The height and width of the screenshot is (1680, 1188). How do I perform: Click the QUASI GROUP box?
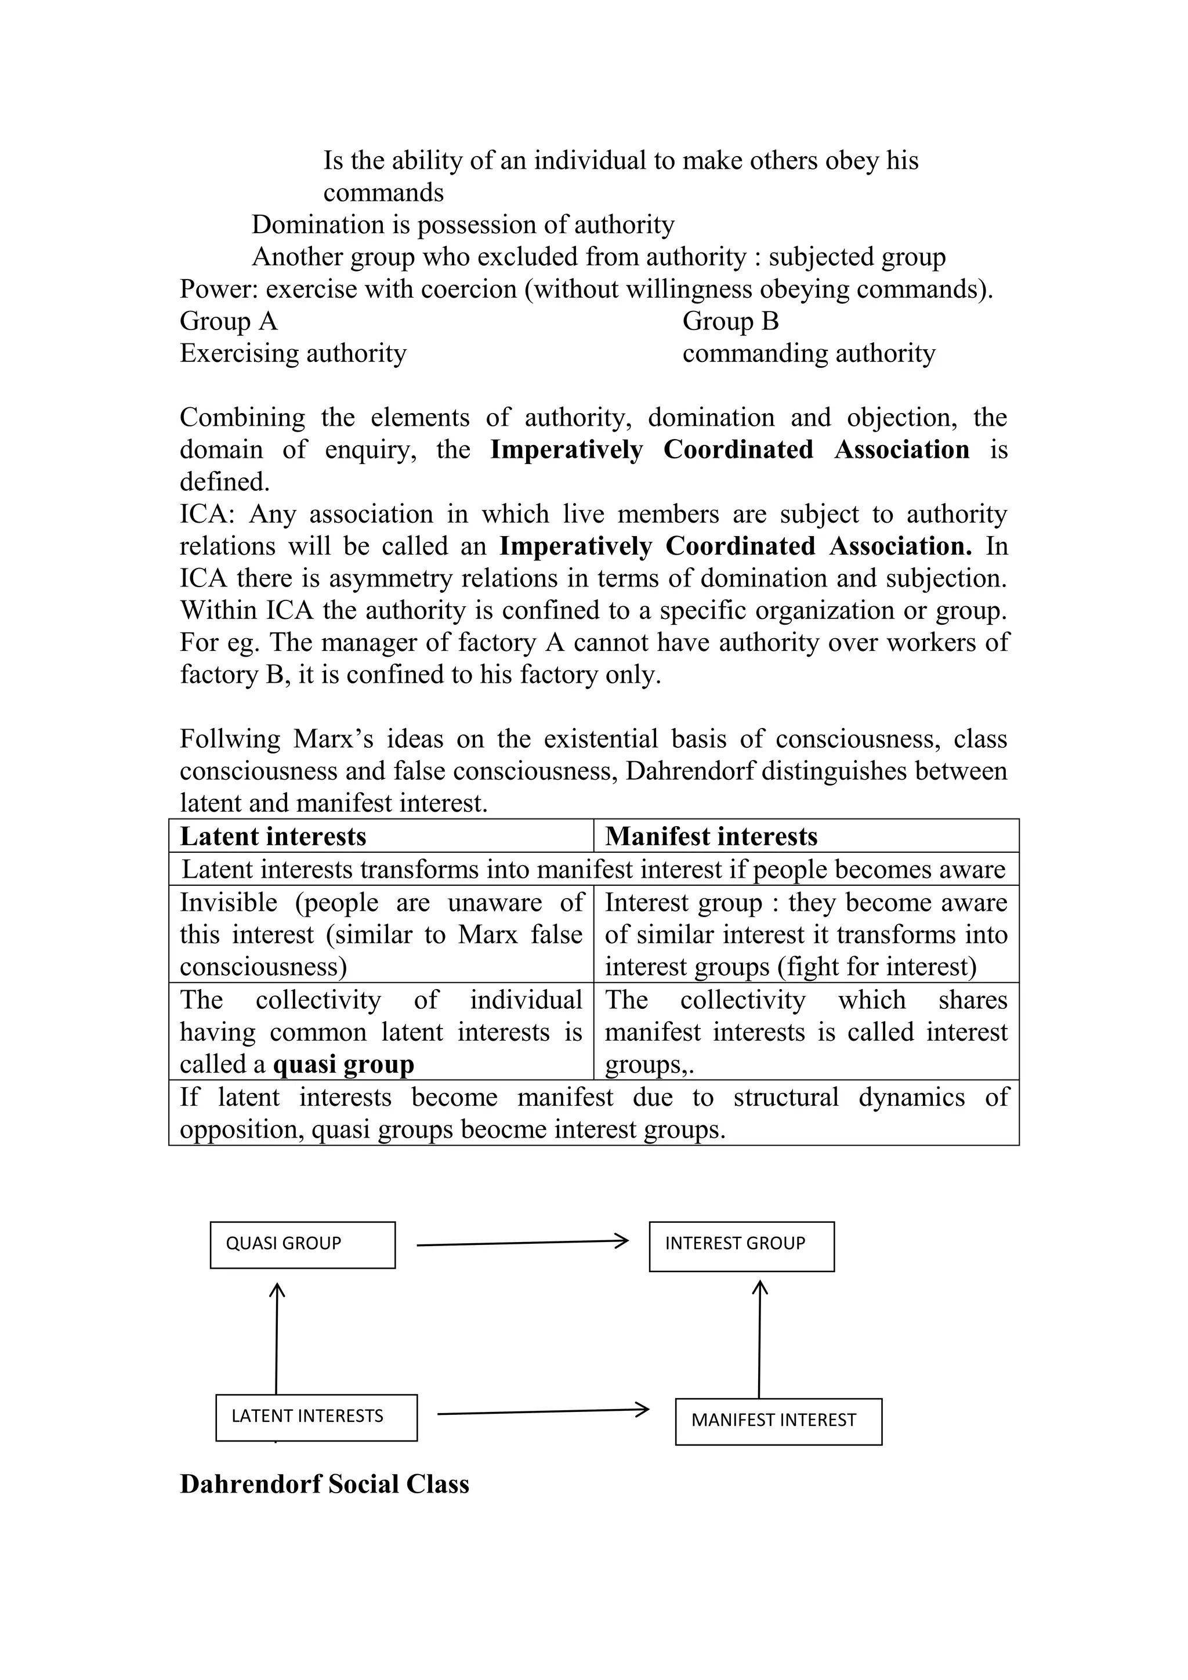click(302, 1245)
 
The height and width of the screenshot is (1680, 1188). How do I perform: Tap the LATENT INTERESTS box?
click(316, 1417)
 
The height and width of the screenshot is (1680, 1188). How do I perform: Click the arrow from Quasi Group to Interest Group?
click(521, 1243)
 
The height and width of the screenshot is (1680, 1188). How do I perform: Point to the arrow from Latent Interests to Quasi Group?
click(277, 1338)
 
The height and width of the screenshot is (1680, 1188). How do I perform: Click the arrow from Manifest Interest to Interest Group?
click(759, 1339)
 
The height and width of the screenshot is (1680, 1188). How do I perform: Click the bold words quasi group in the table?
click(343, 1064)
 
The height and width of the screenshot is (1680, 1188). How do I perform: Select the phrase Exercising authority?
click(292, 353)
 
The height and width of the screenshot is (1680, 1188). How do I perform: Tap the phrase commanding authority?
click(808, 353)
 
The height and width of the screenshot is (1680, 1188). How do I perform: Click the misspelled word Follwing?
click(230, 739)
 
